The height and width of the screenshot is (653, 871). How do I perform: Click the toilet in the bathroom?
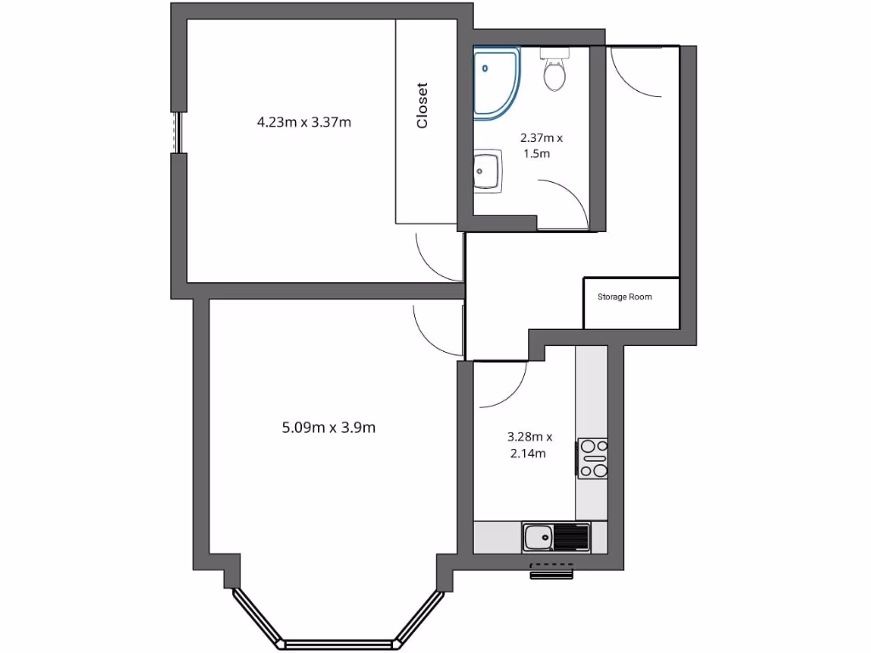coord(555,71)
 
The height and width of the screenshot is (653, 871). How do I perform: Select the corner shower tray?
coord(494,82)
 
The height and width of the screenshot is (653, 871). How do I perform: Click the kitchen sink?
coord(538,537)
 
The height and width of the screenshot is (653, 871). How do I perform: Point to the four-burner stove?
coord(593,457)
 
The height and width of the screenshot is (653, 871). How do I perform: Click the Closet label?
coord(422,105)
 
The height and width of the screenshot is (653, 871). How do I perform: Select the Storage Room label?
coord(624,297)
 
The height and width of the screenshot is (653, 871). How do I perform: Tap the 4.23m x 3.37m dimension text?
coord(304,122)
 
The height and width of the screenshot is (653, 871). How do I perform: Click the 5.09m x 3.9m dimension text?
coord(328,428)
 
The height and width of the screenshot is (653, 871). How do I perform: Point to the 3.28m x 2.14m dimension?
coord(529,445)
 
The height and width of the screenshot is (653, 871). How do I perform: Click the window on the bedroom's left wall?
coord(178,132)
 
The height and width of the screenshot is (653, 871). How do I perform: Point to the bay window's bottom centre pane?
coord(339,644)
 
